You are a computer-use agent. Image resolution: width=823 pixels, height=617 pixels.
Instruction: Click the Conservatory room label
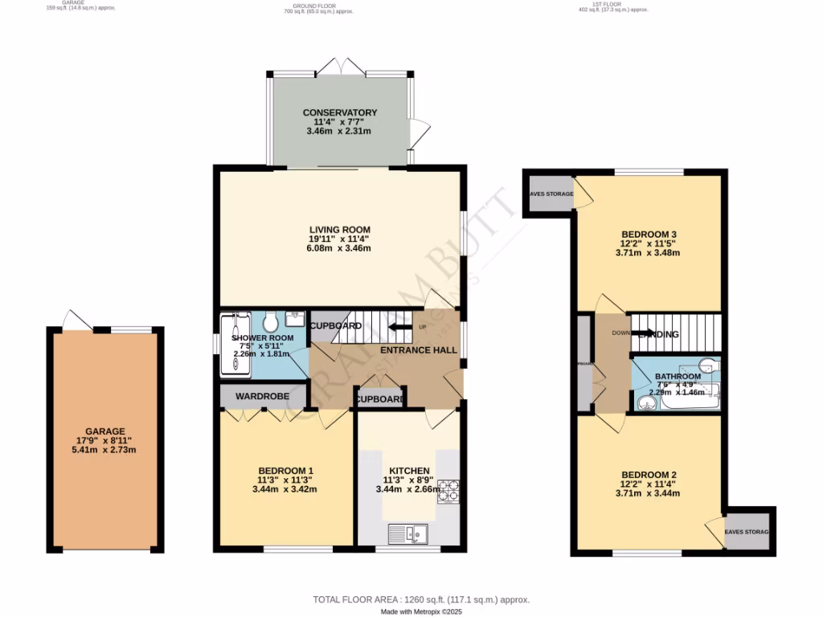click(x=340, y=112)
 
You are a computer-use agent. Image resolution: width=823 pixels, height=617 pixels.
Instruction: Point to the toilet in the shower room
click(x=269, y=322)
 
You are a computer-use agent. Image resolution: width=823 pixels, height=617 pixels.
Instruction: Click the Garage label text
click(x=105, y=431)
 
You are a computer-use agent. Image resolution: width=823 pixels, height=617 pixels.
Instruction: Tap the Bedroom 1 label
click(x=285, y=471)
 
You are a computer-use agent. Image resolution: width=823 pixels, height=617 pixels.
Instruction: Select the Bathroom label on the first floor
click(x=678, y=376)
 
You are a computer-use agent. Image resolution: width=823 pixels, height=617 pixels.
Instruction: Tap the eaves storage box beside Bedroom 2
click(x=747, y=532)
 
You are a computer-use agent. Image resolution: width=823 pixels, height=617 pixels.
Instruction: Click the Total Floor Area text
click(x=420, y=599)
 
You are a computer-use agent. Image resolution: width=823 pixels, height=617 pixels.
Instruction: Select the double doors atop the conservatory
click(x=342, y=65)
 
